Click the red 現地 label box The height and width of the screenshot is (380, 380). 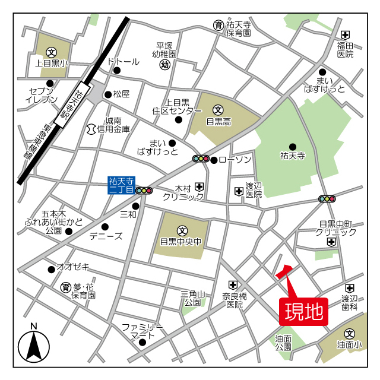[x=303, y=311]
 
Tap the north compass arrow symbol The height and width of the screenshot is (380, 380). [x=34, y=346]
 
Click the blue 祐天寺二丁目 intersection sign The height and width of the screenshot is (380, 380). [x=122, y=185]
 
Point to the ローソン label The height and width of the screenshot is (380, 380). [x=235, y=159]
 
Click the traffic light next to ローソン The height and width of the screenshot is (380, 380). [x=201, y=159]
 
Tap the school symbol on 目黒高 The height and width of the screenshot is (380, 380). [x=217, y=110]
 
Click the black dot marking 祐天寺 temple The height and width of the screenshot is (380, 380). [x=292, y=147]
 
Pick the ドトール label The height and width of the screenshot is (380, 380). [x=123, y=62]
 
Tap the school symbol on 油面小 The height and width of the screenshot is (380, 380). [x=350, y=334]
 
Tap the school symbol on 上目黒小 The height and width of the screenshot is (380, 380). [x=51, y=52]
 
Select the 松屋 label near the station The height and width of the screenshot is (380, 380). [x=121, y=94]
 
